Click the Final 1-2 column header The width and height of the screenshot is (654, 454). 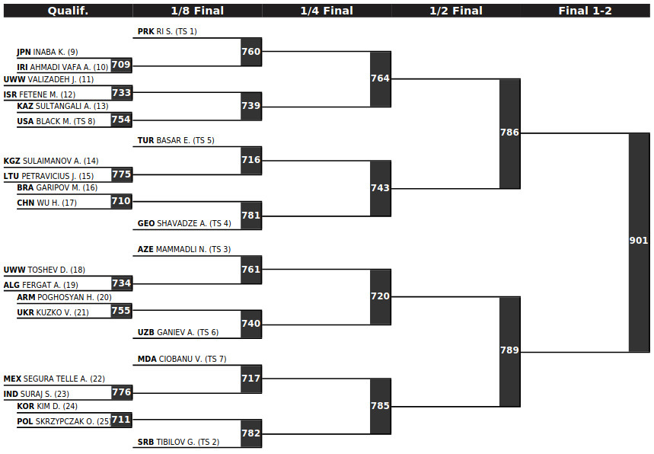pos(585,11)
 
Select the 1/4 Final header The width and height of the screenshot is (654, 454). pos(327,11)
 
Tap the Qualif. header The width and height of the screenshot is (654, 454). pos(68,11)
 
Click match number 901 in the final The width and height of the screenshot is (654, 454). pos(639,241)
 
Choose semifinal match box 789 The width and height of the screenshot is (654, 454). pos(509,351)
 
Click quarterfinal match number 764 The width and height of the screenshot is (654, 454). pos(380,78)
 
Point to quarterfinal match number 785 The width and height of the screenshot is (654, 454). pos(380,405)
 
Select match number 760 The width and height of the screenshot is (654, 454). pos(250,51)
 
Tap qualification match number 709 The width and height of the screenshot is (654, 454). pos(121,65)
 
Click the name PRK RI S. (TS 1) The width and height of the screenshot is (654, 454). pos(167,31)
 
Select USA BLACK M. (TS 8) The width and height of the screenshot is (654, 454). pos(56,121)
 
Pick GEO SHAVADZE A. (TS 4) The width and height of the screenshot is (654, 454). pos(184,224)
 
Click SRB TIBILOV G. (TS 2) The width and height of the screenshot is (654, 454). pos(178,442)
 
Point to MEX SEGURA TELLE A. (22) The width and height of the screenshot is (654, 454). pos(54,379)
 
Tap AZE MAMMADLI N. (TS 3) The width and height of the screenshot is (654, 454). pos(184,250)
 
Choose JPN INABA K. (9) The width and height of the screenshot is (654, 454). pos(47,52)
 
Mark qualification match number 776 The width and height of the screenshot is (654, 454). pos(121,392)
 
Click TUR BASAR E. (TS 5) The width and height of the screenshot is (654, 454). pos(176,141)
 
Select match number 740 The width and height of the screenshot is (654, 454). pos(250,324)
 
